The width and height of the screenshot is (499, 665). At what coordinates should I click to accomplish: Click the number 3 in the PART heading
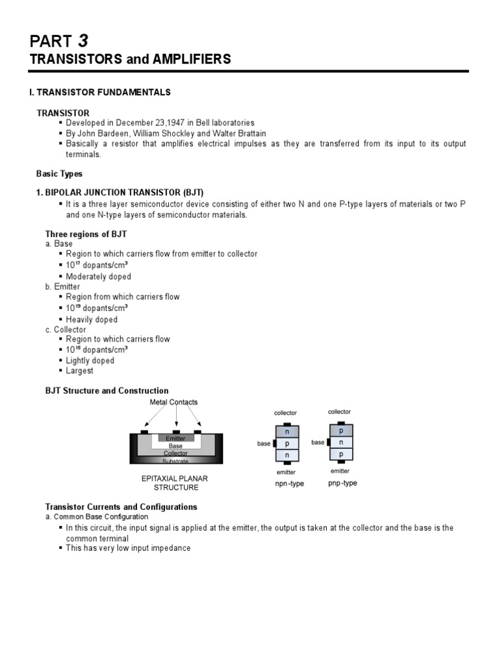click(x=83, y=41)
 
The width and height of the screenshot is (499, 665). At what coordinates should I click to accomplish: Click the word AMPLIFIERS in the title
click(x=191, y=59)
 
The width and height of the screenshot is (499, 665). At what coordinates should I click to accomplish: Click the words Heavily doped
click(x=92, y=320)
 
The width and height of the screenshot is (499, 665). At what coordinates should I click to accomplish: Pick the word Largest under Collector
click(x=79, y=371)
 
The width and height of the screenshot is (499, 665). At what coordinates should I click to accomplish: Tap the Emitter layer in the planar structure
click(x=175, y=439)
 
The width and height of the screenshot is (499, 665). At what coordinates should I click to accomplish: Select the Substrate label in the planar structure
click(x=175, y=461)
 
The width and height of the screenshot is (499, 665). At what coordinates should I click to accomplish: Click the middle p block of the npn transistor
click(x=287, y=444)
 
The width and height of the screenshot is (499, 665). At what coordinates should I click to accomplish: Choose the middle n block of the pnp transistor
click(x=341, y=442)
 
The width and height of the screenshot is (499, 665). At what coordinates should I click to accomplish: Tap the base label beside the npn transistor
click(x=264, y=444)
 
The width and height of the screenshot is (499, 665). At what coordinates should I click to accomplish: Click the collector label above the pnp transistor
click(x=339, y=412)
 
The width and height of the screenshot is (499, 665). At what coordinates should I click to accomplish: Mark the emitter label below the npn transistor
click(x=287, y=472)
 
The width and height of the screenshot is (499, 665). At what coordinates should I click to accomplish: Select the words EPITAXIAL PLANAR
click(x=175, y=478)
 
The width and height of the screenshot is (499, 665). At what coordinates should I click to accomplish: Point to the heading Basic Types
click(x=59, y=174)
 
